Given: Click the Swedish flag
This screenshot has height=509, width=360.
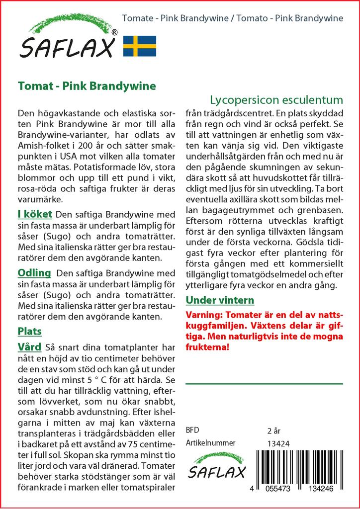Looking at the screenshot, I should click(x=140, y=45).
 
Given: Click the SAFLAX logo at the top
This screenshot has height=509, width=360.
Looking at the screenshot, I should click(x=68, y=40).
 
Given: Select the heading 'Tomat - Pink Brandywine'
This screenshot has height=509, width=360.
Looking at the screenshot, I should click(x=87, y=85).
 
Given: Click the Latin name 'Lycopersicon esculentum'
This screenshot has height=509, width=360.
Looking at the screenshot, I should click(x=276, y=98).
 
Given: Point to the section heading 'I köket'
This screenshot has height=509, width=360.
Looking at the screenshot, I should click(x=34, y=215).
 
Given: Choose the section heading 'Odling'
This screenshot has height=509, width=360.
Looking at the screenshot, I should click(x=34, y=273).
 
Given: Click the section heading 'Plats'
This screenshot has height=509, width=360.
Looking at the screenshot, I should click(x=29, y=331).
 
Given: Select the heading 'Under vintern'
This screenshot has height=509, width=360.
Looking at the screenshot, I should click(x=220, y=300).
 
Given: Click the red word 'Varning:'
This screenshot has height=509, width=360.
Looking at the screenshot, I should click(x=204, y=315).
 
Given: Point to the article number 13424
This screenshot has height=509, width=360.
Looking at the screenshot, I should click(x=278, y=443).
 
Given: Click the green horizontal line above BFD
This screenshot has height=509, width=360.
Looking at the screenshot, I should click(x=264, y=384).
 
